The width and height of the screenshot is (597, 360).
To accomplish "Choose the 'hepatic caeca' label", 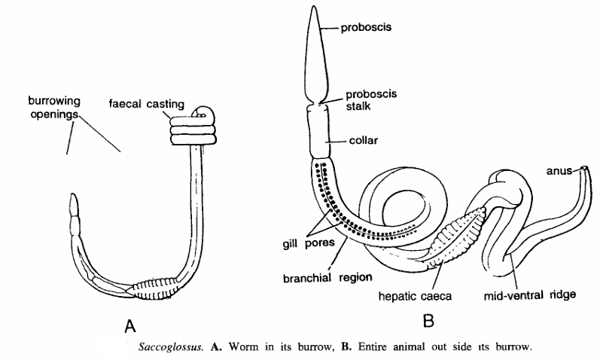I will (416, 296).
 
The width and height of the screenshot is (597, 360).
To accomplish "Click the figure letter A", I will (129, 326).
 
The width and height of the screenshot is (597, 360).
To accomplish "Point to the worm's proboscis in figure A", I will (73, 204).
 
